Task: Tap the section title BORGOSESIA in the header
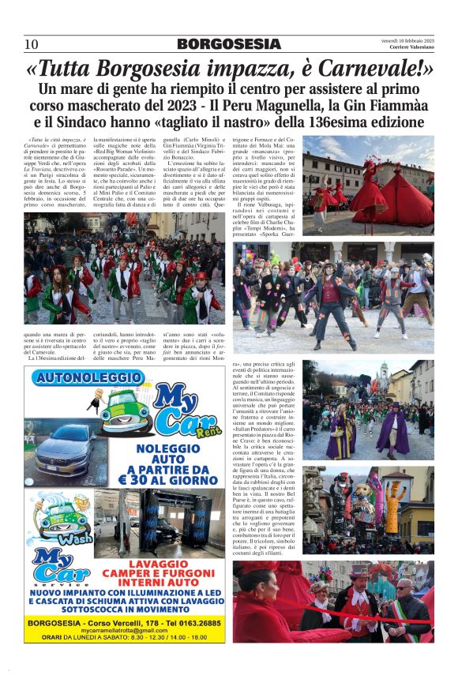click(228, 44)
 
